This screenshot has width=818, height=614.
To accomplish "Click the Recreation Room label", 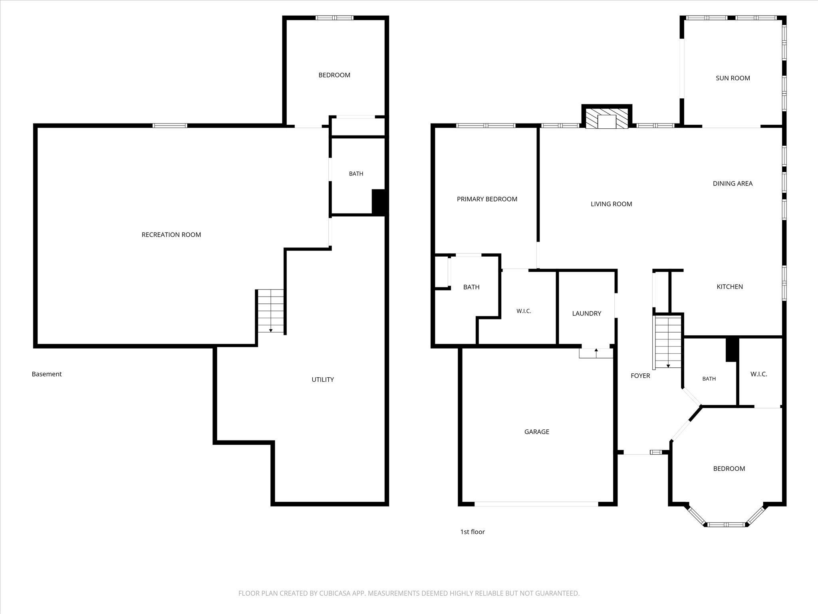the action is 171,235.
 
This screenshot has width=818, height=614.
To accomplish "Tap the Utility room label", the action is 323,379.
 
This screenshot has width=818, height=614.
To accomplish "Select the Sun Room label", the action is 733,78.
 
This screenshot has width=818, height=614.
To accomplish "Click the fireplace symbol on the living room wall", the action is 607,117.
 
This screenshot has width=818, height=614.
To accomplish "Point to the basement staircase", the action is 270,311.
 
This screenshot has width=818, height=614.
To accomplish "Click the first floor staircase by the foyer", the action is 668,342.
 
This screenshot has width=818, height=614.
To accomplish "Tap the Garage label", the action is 537,432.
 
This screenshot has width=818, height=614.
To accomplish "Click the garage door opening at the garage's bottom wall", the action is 536,504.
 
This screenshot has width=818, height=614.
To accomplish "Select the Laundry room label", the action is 586,313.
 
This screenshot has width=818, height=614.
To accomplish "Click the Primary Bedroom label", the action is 487,199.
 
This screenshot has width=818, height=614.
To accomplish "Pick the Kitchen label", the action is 730,287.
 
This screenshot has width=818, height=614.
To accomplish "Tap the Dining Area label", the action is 733,183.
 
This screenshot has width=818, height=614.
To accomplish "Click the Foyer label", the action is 640,376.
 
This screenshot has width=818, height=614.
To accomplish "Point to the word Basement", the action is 47,374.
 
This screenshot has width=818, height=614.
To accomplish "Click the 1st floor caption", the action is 473,532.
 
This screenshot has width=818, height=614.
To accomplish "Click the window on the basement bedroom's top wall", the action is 334,18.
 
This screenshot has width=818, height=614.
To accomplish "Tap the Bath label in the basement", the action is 356,174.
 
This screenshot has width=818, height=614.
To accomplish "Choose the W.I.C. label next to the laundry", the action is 524,311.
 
